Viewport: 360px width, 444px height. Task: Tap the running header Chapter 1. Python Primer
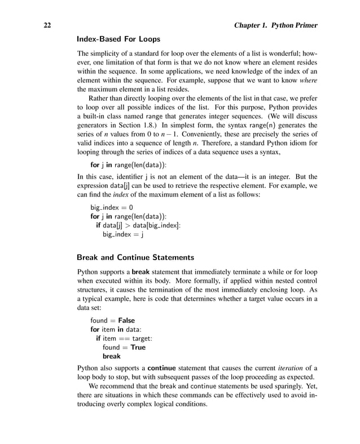(275, 25)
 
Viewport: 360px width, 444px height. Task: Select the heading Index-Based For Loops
(118, 39)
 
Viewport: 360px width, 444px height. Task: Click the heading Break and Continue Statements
(135, 258)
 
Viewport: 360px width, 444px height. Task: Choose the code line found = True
(124, 348)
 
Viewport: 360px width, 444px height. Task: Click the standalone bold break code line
(112, 357)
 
